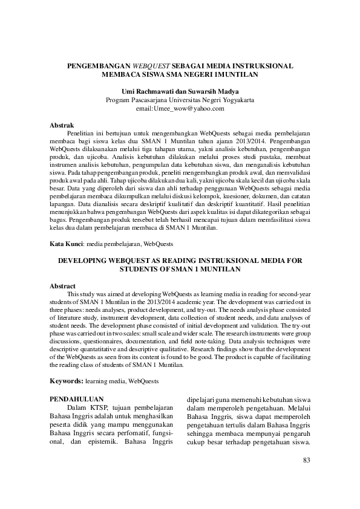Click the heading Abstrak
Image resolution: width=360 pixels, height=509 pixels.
point(61,125)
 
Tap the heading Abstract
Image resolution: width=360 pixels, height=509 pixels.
point(62,286)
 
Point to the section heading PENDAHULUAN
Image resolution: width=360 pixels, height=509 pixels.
point(76,398)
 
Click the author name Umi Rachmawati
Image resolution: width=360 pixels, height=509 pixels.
point(147,91)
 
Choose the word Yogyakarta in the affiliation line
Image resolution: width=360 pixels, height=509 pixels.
point(235,100)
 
